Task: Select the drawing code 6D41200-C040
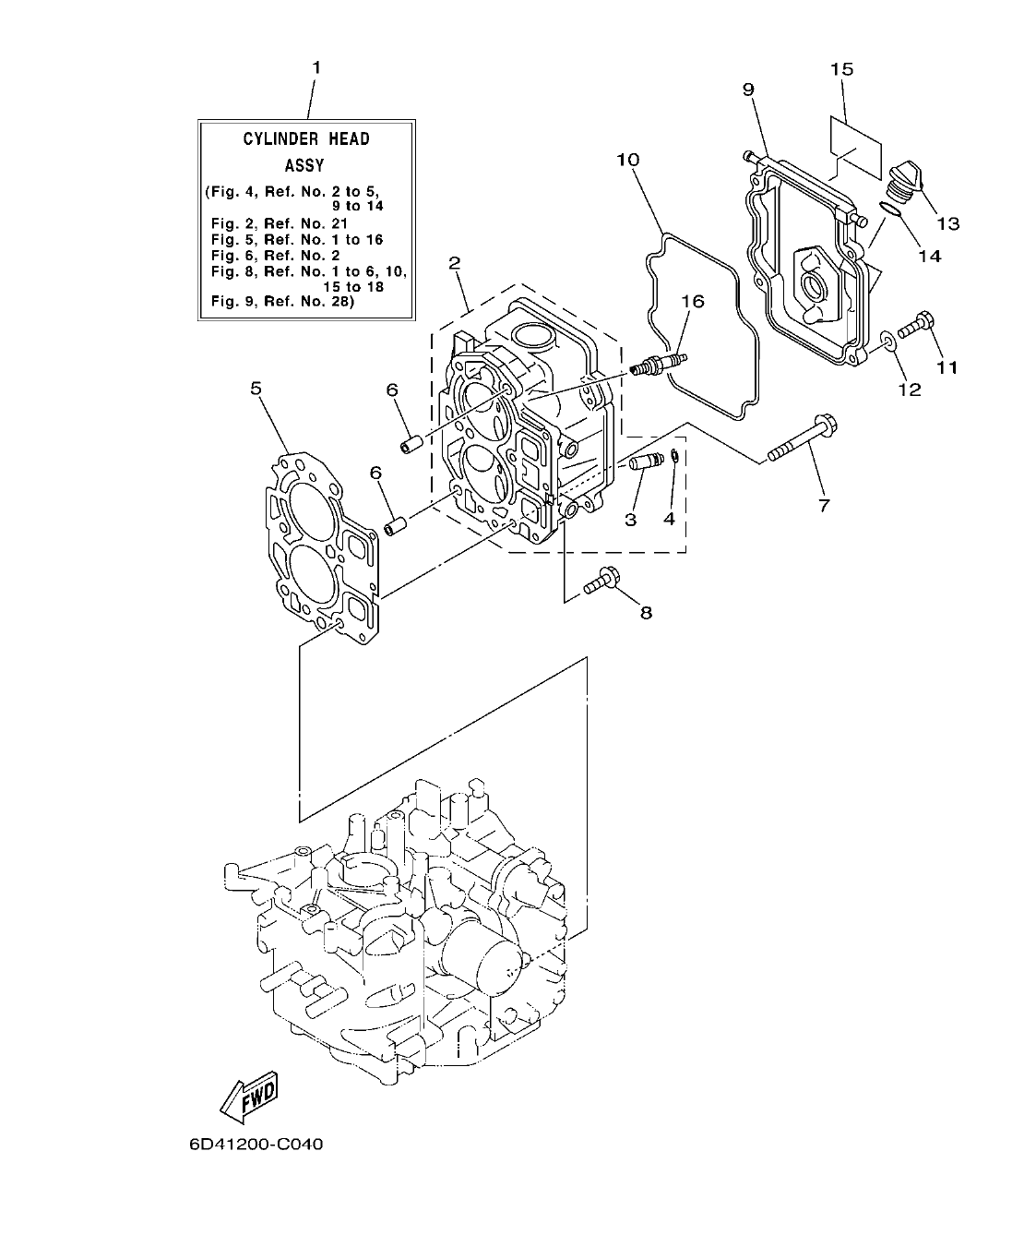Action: click(256, 1145)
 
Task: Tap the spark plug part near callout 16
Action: click(657, 364)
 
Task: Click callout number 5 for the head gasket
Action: click(256, 389)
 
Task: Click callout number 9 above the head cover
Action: click(748, 89)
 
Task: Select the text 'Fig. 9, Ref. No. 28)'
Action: click(283, 302)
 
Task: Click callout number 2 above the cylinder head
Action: click(454, 262)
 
